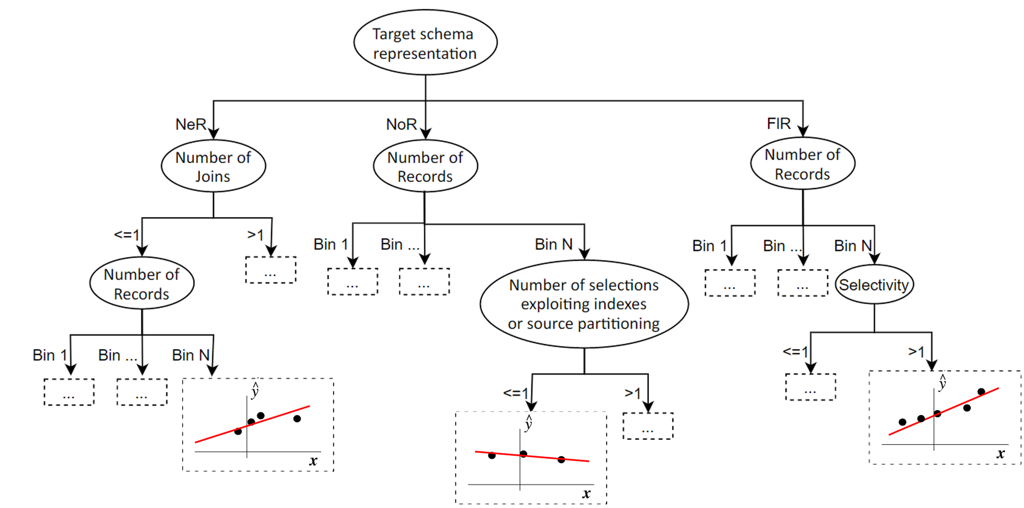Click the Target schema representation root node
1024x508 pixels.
point(425,42)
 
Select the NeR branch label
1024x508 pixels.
point(191,124)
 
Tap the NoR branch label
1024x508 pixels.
point(401,124)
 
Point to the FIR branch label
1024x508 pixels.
point(778,123)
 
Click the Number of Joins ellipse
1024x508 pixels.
point(213,166)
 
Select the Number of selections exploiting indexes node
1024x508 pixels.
point(584,304)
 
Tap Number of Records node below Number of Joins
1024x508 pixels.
point(142,284)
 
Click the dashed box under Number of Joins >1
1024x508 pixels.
point(271,270)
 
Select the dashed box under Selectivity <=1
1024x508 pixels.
point(810,387)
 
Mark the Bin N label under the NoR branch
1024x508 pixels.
point(553,244)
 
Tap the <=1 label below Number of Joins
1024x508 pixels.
point(126,234)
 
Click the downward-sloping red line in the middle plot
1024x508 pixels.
point(541,457)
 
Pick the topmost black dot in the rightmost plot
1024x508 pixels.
point(981,392)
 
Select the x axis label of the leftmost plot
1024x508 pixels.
point(313,461)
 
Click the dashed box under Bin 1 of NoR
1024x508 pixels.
point(353,282)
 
